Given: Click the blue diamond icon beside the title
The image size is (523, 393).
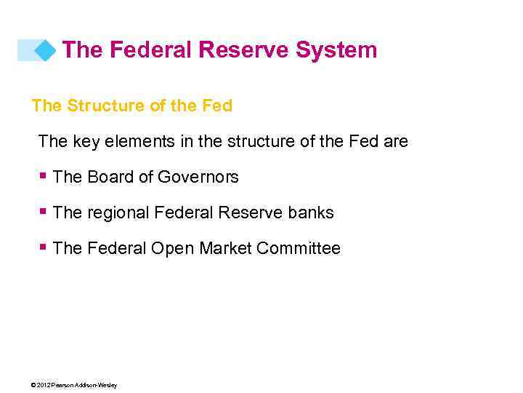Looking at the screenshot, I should click(x=45, y=50).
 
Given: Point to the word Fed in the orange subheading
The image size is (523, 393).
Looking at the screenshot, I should click(x=216, y=106).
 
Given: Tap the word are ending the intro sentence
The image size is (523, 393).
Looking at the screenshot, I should click(x=396, y=141).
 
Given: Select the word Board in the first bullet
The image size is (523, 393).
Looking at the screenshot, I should click(x=110, y=177).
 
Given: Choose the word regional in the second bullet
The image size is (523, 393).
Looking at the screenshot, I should click(x=118, y=213).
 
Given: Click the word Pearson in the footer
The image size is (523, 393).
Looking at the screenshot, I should click(x=62, y=385).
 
